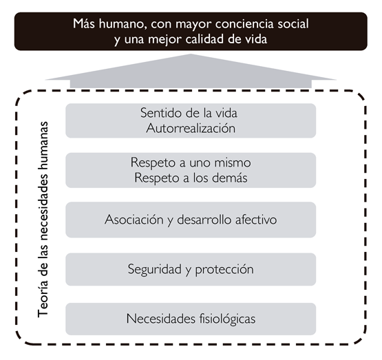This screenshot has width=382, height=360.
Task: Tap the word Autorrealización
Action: (x=191, y=128)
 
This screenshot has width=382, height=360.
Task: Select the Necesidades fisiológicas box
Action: (x=191, y=319)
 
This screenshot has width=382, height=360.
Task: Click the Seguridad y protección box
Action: (x=191, y=269)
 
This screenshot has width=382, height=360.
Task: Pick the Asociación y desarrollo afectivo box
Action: (x=191, y=220)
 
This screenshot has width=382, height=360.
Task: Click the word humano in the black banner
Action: (x=123, y=24)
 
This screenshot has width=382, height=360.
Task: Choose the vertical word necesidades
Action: (x=43, y=209)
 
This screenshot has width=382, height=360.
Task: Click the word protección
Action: (x=224, y=270)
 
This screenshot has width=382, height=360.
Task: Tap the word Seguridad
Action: (x=155, y=270)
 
